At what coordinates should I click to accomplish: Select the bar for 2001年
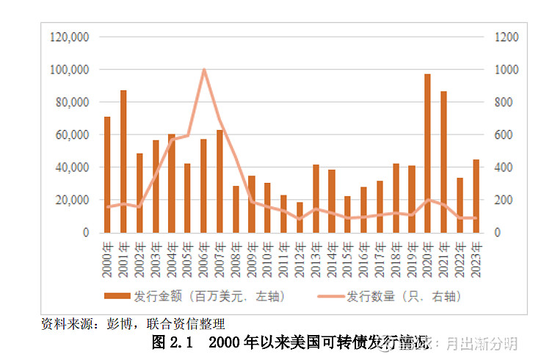click(x=123, y=161)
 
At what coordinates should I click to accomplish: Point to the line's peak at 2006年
click(x=203, y=70)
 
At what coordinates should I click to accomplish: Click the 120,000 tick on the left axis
click(x=69, y=37)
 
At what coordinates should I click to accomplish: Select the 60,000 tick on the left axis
click(x=72, y=134)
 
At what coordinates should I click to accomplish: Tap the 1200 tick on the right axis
click(x=506, y=37)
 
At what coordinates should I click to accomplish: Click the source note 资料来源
click(x=65, y=323)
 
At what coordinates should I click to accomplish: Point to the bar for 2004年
click(x=171, y=183)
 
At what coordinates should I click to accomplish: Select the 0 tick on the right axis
click(x=496, y=232)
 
